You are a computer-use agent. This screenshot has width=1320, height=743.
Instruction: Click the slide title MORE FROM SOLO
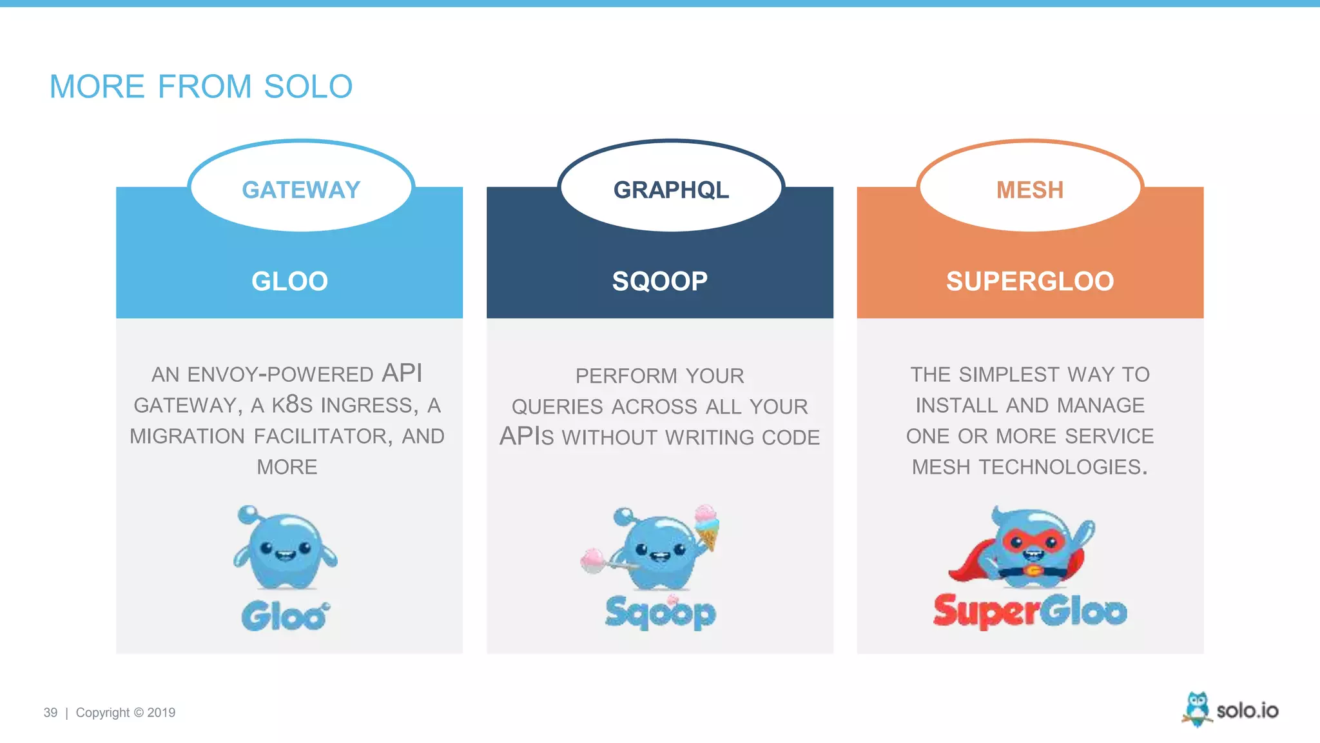tap(201, 86)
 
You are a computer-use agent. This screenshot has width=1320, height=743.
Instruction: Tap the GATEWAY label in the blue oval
tap(301, 190)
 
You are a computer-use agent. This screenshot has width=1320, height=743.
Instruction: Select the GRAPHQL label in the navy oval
tap(671, 190)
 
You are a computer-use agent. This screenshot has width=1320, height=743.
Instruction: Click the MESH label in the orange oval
tap(1029, 190)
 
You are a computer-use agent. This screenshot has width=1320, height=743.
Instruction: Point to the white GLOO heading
tap(289, 281)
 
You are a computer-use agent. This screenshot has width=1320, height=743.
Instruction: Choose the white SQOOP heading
tap(659, 281)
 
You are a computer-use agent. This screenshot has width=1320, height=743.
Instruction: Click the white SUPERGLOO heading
tap(1029, 281)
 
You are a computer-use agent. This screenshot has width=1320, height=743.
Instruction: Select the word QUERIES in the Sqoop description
tap(557, 407)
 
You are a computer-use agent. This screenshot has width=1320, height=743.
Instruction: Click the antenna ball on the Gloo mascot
tap(247, 514)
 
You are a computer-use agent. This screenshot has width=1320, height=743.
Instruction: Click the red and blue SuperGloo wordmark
tap(1029, 611)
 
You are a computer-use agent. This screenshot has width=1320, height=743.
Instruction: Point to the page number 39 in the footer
tap(50, 713)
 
